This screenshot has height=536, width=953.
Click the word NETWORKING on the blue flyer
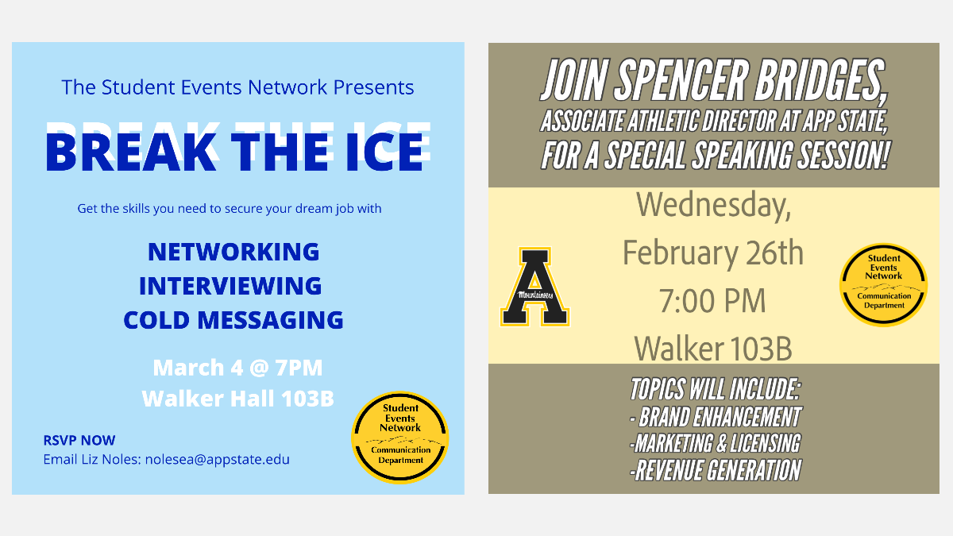(233, 252)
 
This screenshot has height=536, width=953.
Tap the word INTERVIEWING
(230, 286)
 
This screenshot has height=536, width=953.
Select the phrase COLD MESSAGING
(233, 320)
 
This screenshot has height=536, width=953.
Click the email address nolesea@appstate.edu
(218, 460)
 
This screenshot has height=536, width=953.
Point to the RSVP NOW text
(79, 440)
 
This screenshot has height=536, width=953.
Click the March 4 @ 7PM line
(237, 368)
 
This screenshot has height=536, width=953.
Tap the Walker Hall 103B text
(237, 399)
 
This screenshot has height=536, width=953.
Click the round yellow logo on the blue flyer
(400, 438)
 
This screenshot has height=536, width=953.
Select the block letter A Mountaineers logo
(534, 287)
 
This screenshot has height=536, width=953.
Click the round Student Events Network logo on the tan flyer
(884, 284)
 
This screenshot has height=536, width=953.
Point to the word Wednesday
(713, 206)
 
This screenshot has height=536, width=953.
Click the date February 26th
(713, 253)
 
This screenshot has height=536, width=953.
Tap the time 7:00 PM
(712, 301)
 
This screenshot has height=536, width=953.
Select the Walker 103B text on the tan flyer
(713, 349)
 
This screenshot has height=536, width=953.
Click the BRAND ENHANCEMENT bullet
(716, 417)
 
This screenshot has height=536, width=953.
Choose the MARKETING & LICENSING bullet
(716, 443)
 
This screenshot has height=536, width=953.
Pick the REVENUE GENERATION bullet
(716, 470)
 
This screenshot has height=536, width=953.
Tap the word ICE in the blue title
(384, 152)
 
